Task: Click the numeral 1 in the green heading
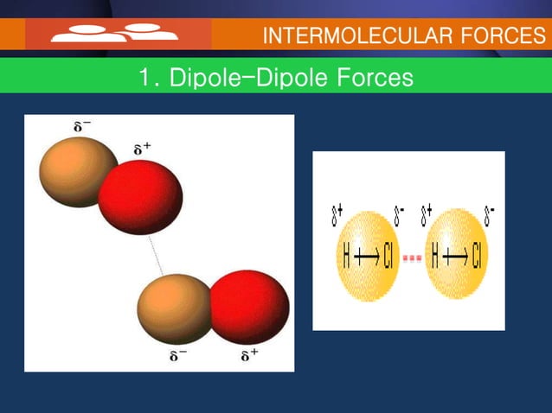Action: click(x=144, y=78)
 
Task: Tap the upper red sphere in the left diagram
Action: click(x=141, y=197)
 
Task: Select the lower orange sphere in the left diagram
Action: click(x=176, y=308)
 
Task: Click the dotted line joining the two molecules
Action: click(x=157, y=254)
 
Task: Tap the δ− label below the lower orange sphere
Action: click(x=177, y=356)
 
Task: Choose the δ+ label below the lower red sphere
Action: click(x=249, y=355)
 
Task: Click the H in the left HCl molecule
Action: click(x=347, y=257)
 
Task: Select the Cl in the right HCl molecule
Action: click(x=477, y=257)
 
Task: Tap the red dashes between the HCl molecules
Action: click(x=413, y=257)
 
